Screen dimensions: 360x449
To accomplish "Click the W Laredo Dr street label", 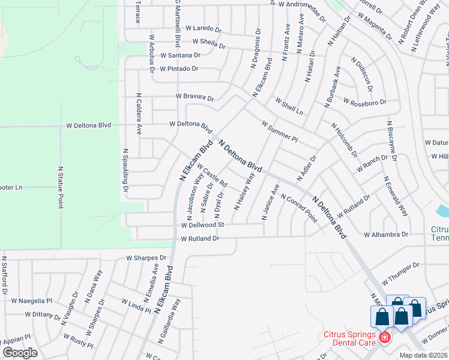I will (x=203, y=28).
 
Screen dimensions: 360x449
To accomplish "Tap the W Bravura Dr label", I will (x=194, y=97).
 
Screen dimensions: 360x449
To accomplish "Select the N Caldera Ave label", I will (x=139, y=113).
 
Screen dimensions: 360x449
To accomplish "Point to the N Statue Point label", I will (x=61, y=188).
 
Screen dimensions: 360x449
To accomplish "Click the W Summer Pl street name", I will (x=280, y=131).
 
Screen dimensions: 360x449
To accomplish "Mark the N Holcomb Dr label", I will (x=345, y=139).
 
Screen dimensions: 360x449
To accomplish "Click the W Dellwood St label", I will (x=202, y=226).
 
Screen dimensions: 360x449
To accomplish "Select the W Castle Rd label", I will (x=211, y=175).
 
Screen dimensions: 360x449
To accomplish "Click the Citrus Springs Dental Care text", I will (x=349, y=338).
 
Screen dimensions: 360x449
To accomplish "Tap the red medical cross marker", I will (x=384, y=339).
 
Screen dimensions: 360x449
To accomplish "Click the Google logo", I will (x=19, y=352).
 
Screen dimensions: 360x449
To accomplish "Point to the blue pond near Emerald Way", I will (x=442, y=211).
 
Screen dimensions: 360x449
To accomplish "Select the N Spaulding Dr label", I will (x=126, y=171).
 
